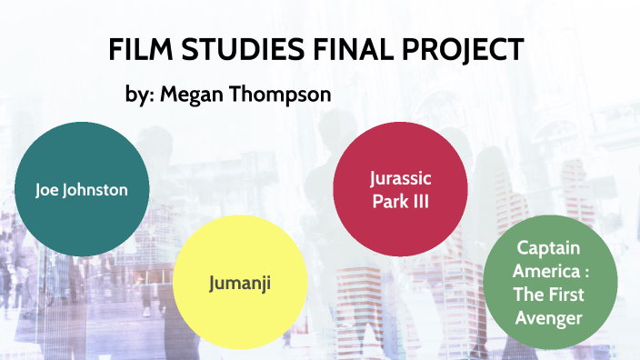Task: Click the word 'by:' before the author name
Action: tap(139, 95)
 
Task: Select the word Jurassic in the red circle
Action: tap(401, 177)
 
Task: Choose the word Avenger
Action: tap(551, 316)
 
